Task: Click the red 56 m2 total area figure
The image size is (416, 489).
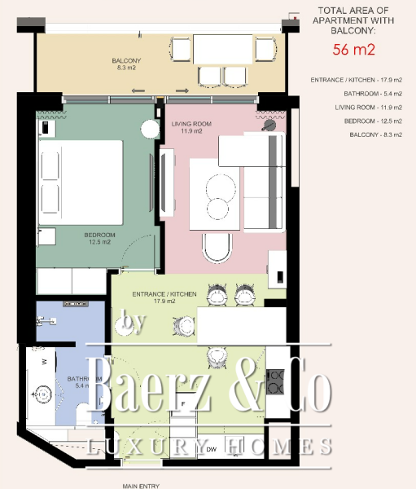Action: point(353,49)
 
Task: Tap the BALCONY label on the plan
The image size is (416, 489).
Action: point(126,64)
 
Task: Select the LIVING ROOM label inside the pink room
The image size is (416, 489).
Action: point(191,127)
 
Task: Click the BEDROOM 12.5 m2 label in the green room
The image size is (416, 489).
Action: point(100,238)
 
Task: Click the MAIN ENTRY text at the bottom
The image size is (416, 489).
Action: point(141,485)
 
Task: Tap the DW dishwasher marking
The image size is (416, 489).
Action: point(211,449)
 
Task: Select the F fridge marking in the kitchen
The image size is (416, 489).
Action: point(184,403)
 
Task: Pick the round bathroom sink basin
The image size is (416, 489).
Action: point(41,394)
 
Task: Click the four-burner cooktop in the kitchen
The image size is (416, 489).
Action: point(275,381)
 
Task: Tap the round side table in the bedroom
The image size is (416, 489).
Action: point(149,129)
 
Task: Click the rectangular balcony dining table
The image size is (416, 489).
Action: point(223,49)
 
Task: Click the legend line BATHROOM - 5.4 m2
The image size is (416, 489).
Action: point(358,94)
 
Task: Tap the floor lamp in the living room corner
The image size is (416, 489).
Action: point(269,125)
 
